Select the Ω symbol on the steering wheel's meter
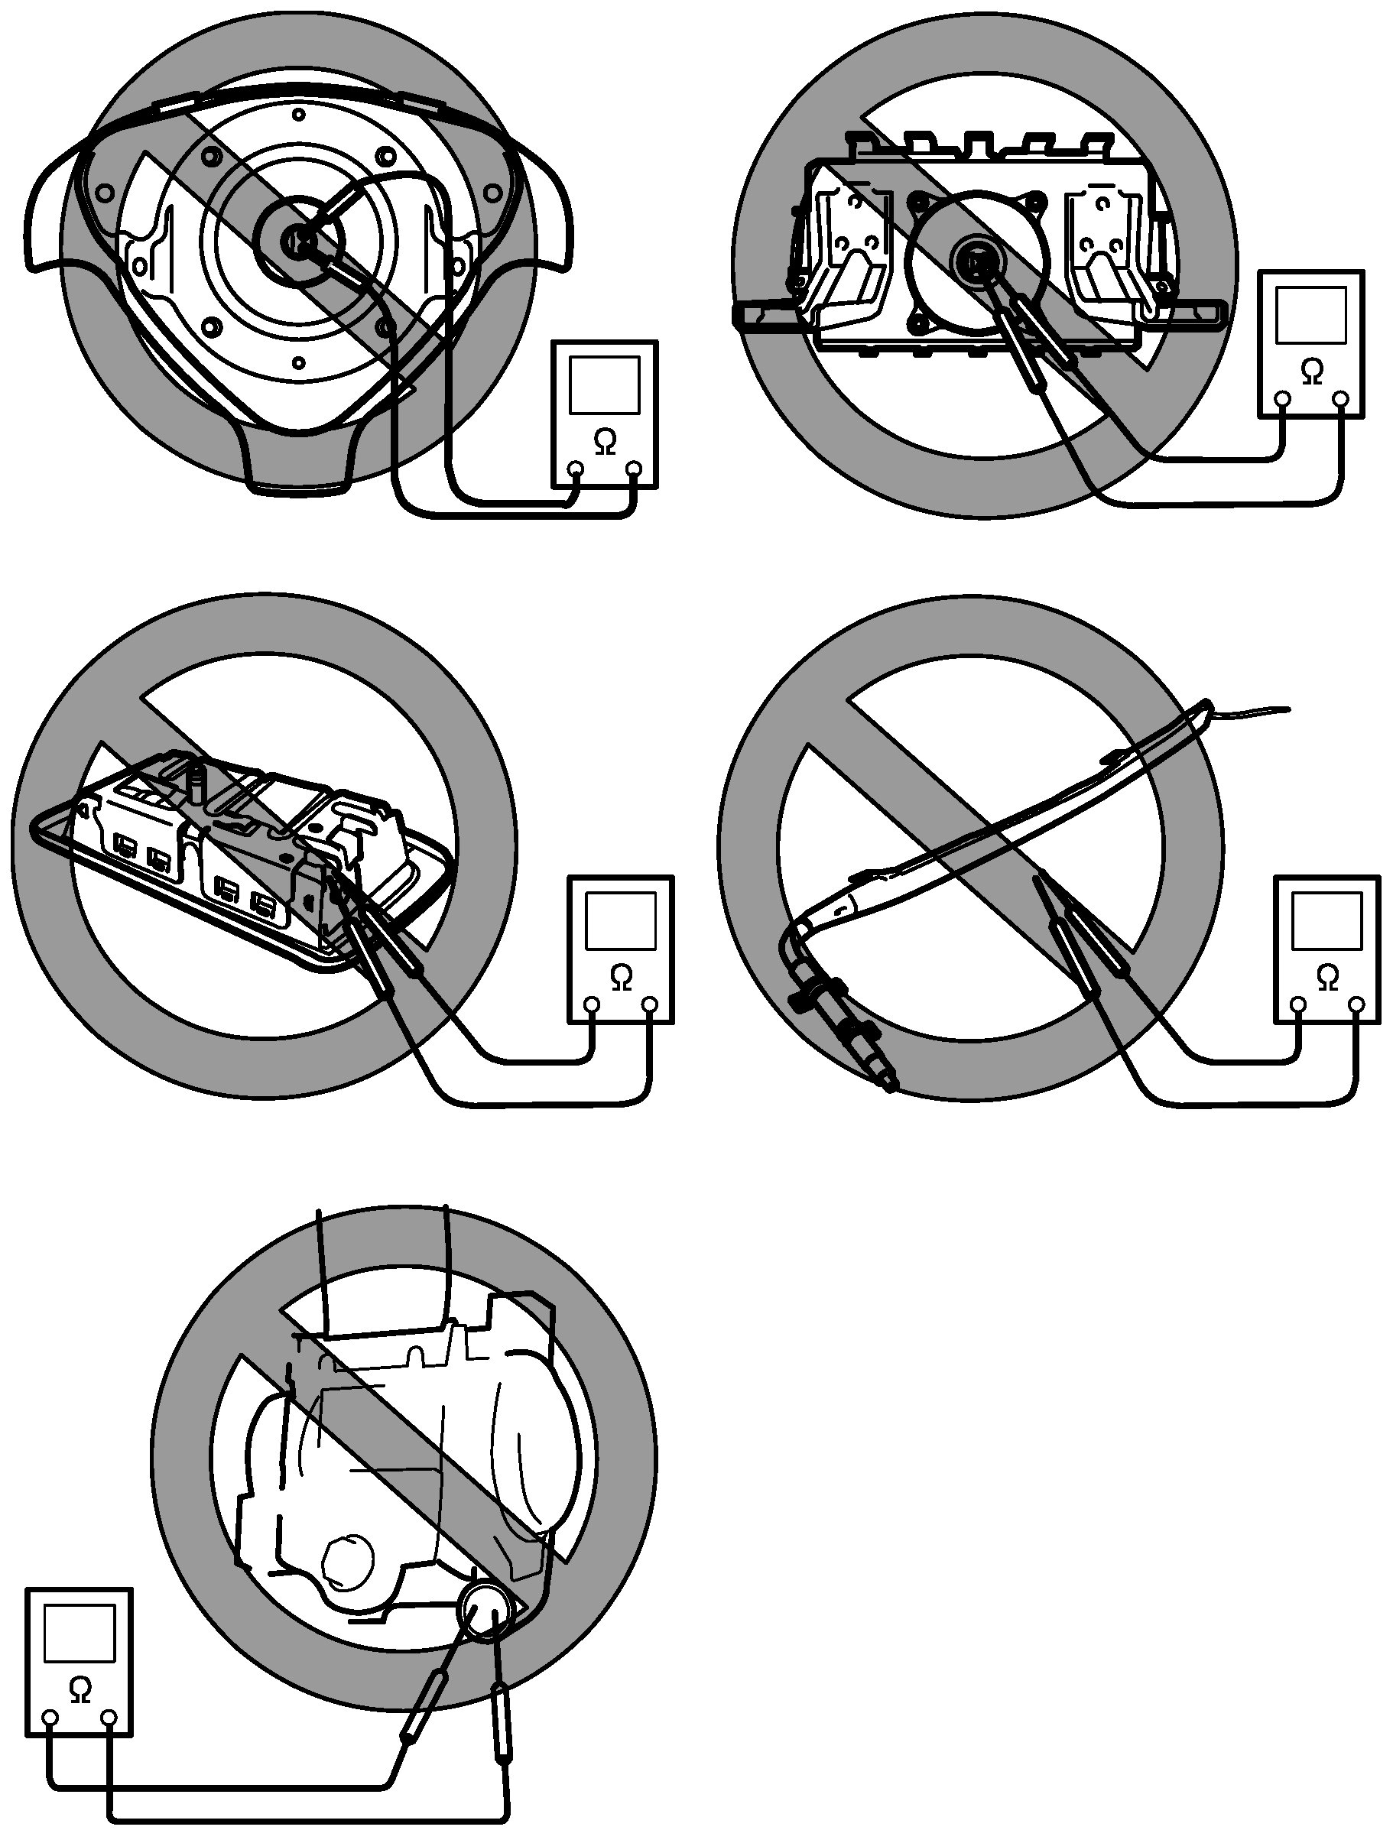(606, 443)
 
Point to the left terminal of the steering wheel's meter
(576, 470)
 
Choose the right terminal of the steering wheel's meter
(635, 470)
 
